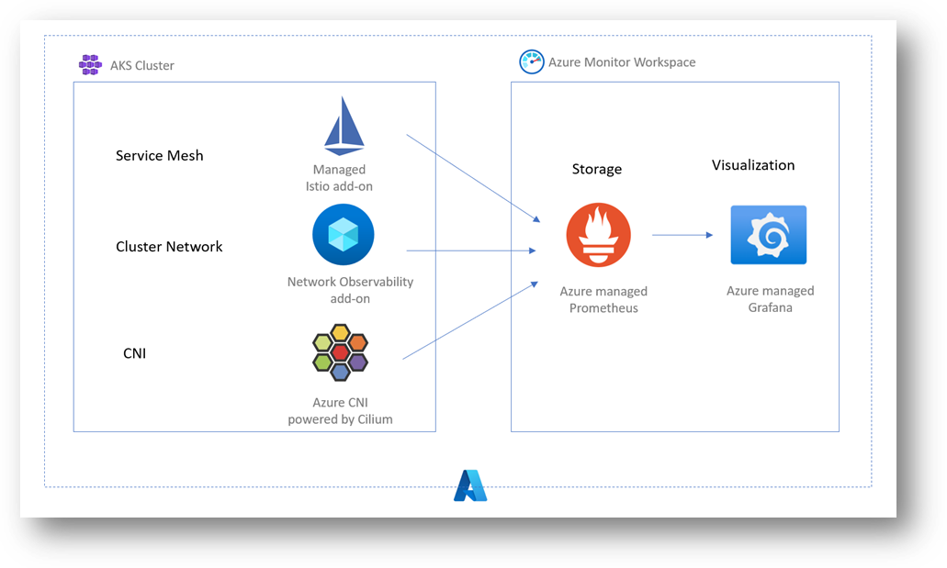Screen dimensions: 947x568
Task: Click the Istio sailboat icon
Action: click(344, 126)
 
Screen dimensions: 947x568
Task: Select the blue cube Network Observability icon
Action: click(343, 234)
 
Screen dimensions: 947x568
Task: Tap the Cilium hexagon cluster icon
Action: click(340, 352)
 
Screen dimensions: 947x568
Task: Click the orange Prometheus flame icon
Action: click(599, 235)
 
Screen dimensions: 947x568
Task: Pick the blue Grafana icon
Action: click(768, 235)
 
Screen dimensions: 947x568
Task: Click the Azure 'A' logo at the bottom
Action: click(470, 485)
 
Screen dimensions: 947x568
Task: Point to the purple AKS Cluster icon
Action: click(90, 64)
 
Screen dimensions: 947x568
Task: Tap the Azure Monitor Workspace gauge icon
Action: click(532, 61)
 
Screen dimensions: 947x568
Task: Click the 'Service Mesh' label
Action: click(160, 156)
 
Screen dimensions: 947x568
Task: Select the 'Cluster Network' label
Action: click(169, 246)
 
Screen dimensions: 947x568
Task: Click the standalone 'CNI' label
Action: click(135, 353)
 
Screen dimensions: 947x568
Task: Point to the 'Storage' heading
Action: click(597, 169)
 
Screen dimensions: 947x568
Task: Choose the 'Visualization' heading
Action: click(753, 165)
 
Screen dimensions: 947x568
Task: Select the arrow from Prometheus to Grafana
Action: click(682, 235)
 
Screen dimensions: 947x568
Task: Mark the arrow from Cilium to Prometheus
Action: click(470, 320)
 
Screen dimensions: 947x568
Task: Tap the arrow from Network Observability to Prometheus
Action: click(471, 251)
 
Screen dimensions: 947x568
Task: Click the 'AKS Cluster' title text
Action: click(142, 65)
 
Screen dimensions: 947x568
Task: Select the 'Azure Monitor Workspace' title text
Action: click(622, 62)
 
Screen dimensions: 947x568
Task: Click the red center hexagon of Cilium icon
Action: click(340, 352)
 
